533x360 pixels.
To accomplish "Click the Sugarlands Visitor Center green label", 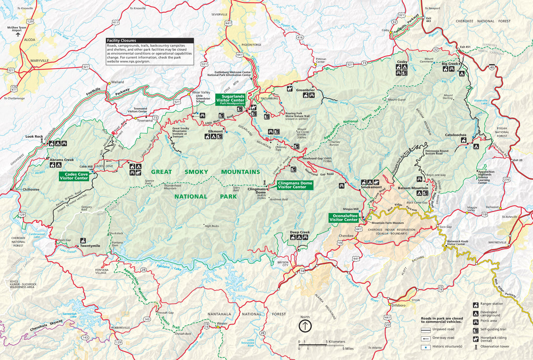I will (x=230, y=101).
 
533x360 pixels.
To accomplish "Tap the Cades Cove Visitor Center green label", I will (x=74, y=176).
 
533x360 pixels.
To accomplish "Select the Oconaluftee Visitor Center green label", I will (x=344, y=217).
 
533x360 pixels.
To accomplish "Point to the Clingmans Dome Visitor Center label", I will (x=292, y=185).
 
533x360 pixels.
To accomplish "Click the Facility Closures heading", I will (x=121, y=40).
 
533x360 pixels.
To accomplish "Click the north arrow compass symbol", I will (x=305, y=326).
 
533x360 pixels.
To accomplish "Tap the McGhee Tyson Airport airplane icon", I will (x=15, y=35).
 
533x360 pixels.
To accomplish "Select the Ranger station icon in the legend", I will (x=476, y=305).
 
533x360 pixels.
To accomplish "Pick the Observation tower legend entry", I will (x=476, y=347).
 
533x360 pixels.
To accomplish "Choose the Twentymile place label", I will (x=90, y=245).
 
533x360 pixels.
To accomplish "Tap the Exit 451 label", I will (x=465, y=47).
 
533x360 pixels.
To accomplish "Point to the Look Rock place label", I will (x=34, y=136).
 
